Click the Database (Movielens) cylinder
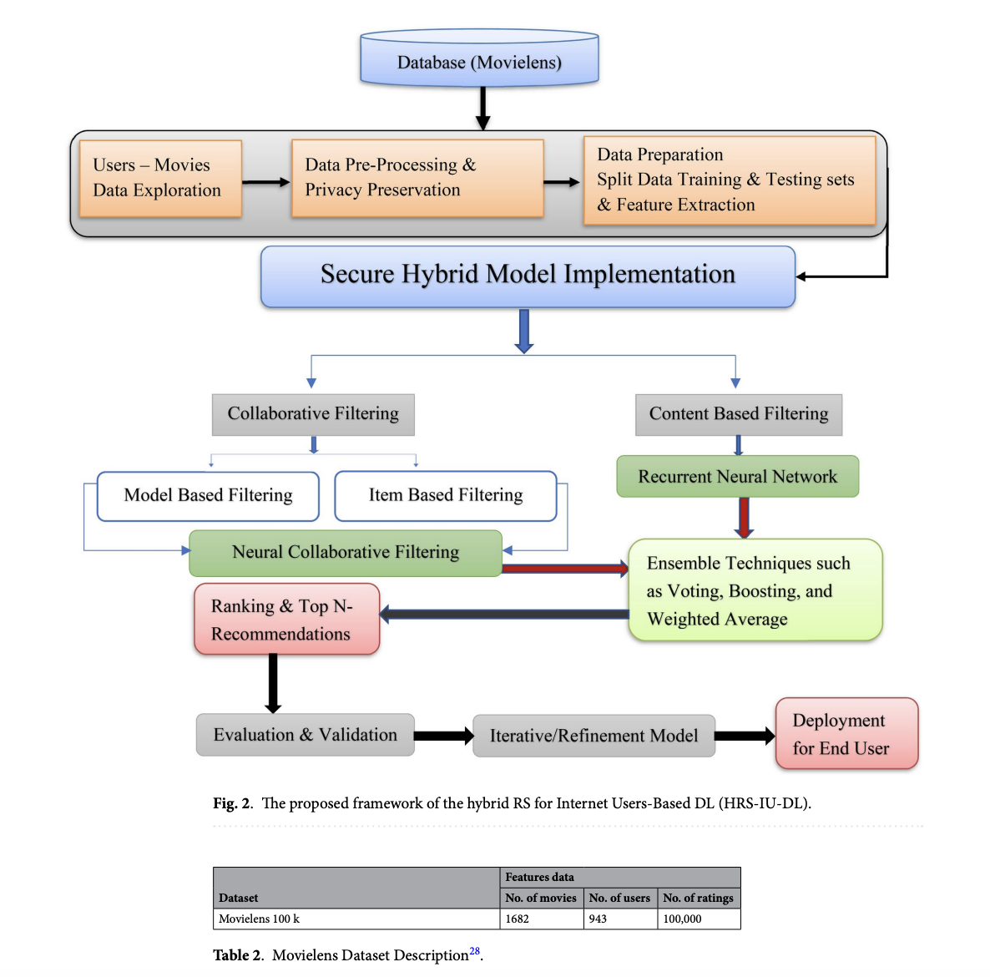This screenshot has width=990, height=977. pyautogui.click(x=479, y=58)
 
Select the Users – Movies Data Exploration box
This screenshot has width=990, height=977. pyautogui.click(x=160, y=179)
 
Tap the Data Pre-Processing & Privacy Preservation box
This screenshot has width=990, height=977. pyautogui.click(x=417, y=179)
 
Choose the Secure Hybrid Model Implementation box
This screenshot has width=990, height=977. pyautogui.click(x=528, y=276)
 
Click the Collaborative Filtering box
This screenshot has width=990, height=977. pyautogui.click(x=313, y=414)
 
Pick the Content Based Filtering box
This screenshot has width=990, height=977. pyautogui.click(x=739, y=414)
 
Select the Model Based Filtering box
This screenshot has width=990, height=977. pyautogui.click(x=209, y=496)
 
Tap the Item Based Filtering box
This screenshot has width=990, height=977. pyautogui.click(x=446, y=496)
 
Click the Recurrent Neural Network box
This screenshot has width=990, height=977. pyautogui.click(x=737, y=476)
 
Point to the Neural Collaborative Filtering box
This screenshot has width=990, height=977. pyautogui.click(x=346, y=554)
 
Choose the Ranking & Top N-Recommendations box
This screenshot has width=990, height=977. pyautogui.click(x=286, y=619)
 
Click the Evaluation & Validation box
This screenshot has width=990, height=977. pyautogui.click(x=305, y=735)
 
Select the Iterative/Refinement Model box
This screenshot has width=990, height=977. pyautogui.click(x=594, y=736)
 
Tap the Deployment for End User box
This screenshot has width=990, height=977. pyautogui.click(x=846, y=733)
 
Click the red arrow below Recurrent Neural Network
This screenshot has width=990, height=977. pyautogui.click(x=745, y=518)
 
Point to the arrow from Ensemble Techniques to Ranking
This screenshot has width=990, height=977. pyautogui.click(x=504, y=614)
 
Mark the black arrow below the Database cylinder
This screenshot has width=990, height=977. pyautogui.click(x=483, y=108)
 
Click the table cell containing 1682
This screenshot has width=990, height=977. pyautogui.click(x=542, y=919)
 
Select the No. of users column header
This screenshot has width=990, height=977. pyautogui.click(x=619, y=898)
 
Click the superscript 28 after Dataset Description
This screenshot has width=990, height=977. pyautogui.click(x=474, y=951)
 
